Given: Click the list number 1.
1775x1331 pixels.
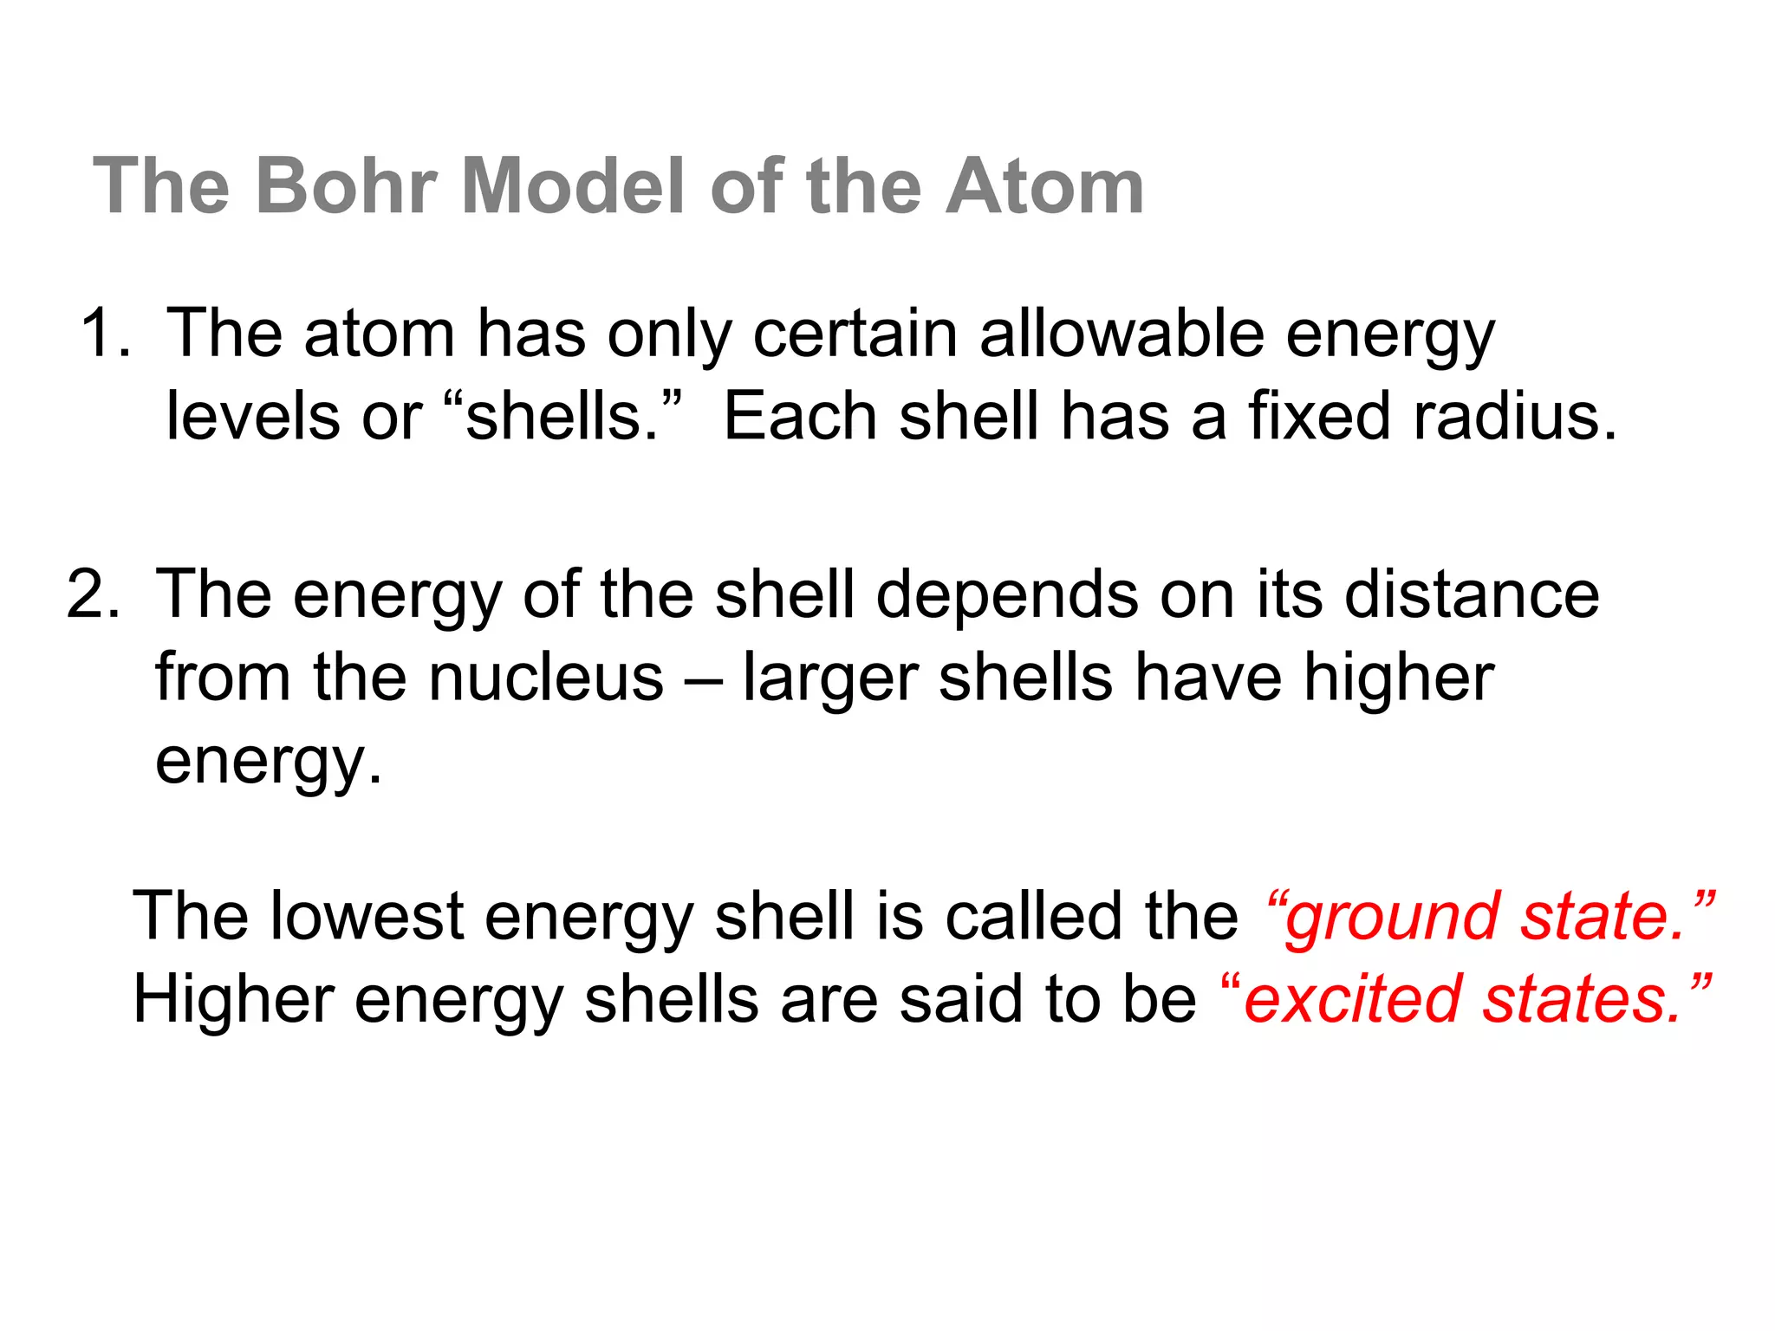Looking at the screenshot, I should click(x=105, y=333).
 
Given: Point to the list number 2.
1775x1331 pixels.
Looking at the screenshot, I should click(x=93, y=594).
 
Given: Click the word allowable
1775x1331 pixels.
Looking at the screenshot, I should click(x=1122, y=333).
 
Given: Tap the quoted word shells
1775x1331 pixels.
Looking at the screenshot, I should click(x=562, y=416).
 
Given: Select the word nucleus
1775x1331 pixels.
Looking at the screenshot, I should click(x=546, y=678).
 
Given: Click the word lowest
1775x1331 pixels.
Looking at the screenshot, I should click(x=367, y=915).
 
